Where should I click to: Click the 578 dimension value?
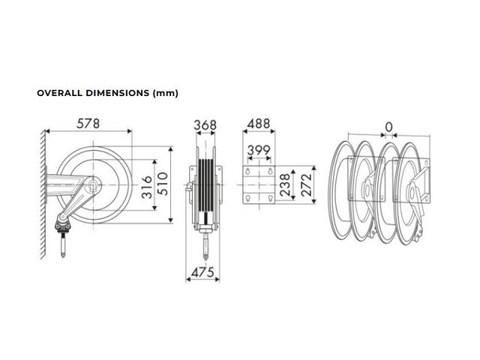[x=88, y=124]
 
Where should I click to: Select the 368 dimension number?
[x=205, y=125]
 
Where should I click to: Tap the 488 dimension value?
[x=259, y=124]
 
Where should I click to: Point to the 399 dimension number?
[x=259, y=150]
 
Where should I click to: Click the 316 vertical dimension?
[x=147, y=187]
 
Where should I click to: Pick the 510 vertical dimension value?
[x=163, y=184]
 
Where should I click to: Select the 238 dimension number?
[x=285, y=185]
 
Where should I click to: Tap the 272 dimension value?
[x=306, y=185]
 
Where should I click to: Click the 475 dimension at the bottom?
[x=202, y=272]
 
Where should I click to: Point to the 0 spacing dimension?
[x=388, y=127]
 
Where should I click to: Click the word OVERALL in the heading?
[x=60, y=93]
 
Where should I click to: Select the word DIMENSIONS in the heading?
[x=117, y=93]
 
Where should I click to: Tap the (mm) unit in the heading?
[x=165, y=93]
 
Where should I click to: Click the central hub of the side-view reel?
[x=93, y=185]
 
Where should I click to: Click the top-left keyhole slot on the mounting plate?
[x=248, y=172]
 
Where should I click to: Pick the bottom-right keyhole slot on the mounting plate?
[x=270, y=199]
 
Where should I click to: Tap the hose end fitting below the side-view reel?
[x=63, y=245]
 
